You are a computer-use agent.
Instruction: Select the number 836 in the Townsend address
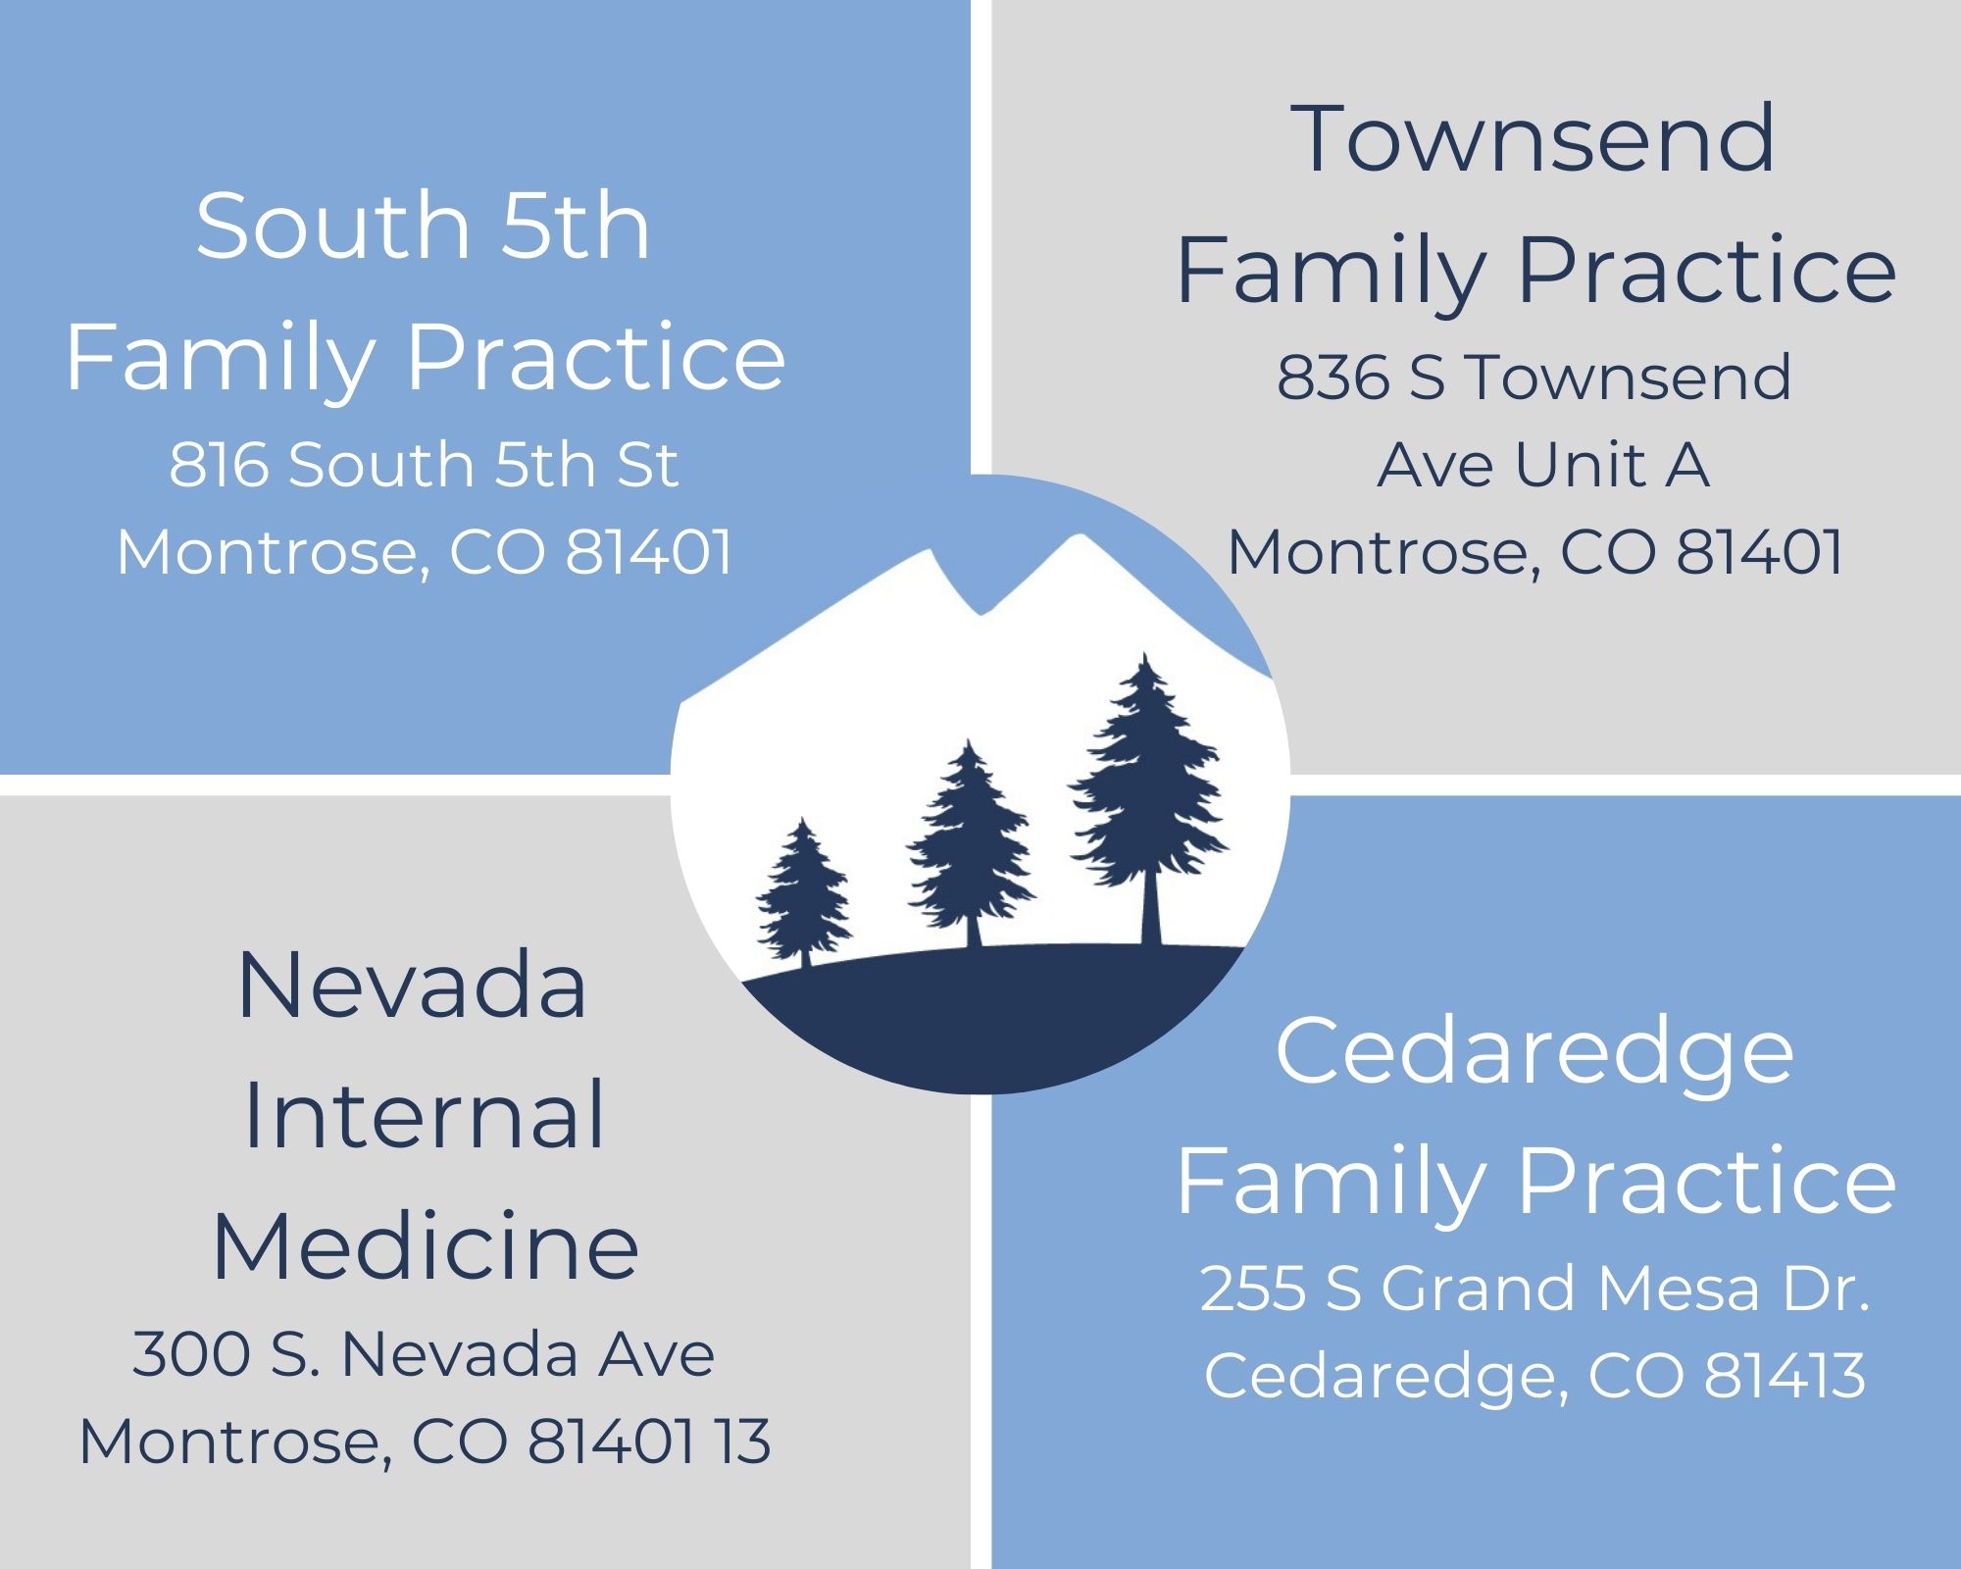tap(1332, 378)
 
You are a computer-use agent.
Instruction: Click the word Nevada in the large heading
tap(412, 986)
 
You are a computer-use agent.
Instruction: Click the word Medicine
tap(426, 1247)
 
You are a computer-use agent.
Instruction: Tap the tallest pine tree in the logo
tap(1147, 794)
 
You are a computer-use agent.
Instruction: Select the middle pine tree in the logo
tap(970, 843)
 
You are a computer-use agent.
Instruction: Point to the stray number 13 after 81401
tap(742, 1442)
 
